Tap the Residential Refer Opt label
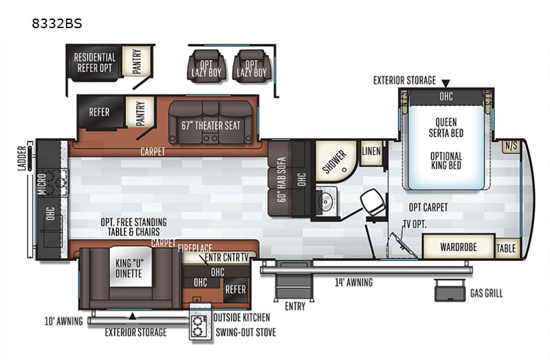(95, 63)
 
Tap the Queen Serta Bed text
(446, 128)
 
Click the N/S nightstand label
(511, 145)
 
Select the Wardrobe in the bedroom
(459, 246)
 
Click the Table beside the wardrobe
(506, 247)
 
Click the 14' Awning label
(354, 282)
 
